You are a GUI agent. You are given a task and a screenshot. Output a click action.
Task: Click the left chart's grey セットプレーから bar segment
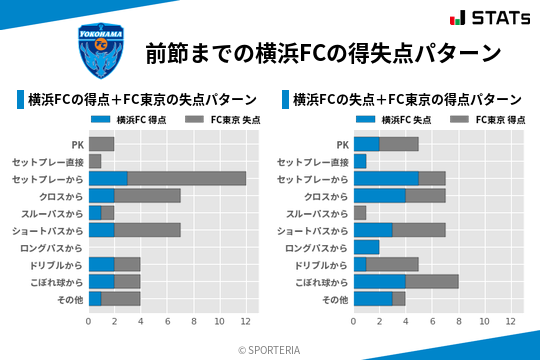coord(187,178)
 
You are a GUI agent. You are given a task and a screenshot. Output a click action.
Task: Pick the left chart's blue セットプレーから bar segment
coord(108,178)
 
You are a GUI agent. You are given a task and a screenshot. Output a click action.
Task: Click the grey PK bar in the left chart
coord(101,144)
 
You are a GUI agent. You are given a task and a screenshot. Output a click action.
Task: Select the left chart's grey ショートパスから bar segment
coord(147,230)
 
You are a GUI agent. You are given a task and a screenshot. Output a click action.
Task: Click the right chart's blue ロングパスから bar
coord(366,247)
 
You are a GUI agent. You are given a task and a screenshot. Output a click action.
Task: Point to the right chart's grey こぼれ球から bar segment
coord(432,281)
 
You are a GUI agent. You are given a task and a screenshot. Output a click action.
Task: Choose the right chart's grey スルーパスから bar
coord(360,213)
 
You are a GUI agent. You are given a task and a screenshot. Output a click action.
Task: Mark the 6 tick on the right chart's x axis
coord(432,322)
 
